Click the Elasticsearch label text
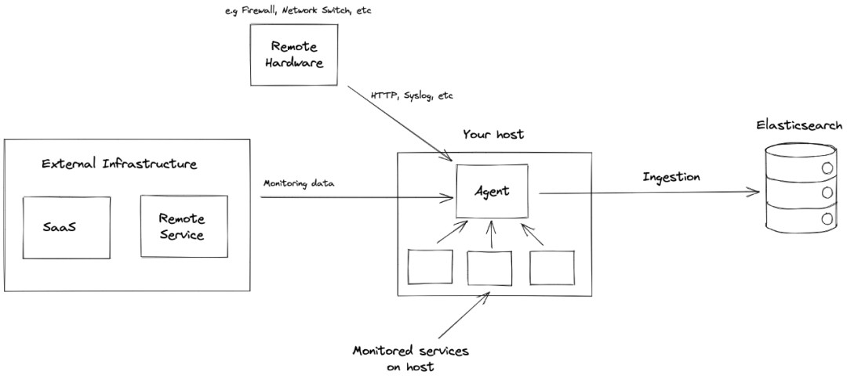tap(799, 125)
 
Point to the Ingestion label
tap(671, 177)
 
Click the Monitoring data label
tap(299, 183)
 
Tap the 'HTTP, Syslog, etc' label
tap(412, 96)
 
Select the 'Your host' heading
tap(493, 134)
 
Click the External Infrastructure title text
tap(119, 164)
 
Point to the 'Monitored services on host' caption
tap(410, 359)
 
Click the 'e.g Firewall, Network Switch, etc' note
tap(298, 11)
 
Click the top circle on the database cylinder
tap(827, 168)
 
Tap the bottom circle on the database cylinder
tap(827, 219)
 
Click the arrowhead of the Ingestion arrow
tap(754, 191)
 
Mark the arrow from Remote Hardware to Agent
tap(400, 124)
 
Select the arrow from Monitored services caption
tap(464, 316)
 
